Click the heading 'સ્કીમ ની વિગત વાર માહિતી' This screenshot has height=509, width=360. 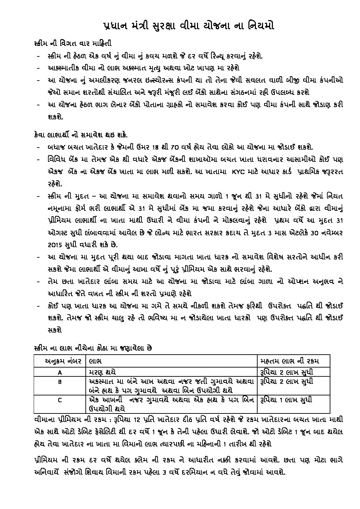click(x=73, y=44)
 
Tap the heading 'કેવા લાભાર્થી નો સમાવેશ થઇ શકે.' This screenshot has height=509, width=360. click(x=81, y=135)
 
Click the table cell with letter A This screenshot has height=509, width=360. click(x=60, y=372)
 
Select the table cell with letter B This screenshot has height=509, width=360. click(x=60, y=382)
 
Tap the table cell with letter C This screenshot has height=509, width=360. click(x=60, y=400)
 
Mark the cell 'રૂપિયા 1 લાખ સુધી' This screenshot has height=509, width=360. click(x=285, y=400)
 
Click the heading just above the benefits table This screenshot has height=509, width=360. click(x=93, y=348)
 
